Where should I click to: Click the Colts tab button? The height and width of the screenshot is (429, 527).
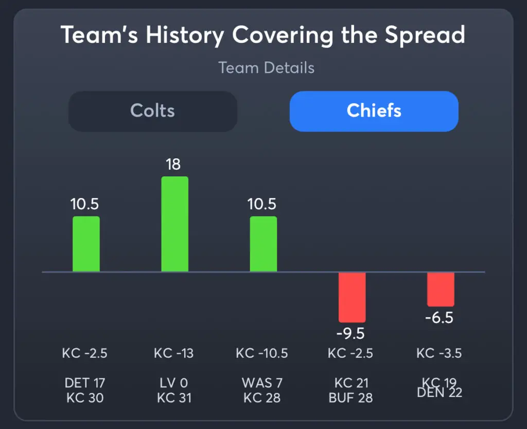pos(153,111)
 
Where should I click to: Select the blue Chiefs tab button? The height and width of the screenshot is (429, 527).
pos(374,111)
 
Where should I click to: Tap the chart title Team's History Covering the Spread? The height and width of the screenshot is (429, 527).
pos(263,35)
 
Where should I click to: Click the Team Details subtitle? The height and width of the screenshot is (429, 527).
pos(266,68)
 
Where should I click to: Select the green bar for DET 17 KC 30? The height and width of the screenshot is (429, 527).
pos(86,244)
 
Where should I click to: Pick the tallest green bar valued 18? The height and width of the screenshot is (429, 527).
pos(174,224)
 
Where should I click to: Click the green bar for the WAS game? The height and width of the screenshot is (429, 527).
pos(263,244)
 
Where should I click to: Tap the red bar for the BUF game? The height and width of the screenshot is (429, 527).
pos(352,297)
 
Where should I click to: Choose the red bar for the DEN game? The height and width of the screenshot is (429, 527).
pos(441,289)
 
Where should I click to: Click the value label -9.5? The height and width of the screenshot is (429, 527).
pos(350,334)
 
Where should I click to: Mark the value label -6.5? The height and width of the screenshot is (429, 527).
pos(439,318)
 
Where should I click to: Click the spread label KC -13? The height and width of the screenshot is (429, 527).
pos(173,353)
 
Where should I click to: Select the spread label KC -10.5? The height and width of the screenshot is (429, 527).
pos(262,353)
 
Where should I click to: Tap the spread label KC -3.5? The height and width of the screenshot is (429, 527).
pos(439,353)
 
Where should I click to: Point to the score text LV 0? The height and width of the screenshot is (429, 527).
pos(174,383)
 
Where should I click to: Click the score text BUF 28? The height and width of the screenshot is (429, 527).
pos(350,398)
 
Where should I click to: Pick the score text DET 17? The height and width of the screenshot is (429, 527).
pos(85,383)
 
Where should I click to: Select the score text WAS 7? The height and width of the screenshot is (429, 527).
pos(262,383)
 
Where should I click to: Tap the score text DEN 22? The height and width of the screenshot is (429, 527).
pos(440,393)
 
